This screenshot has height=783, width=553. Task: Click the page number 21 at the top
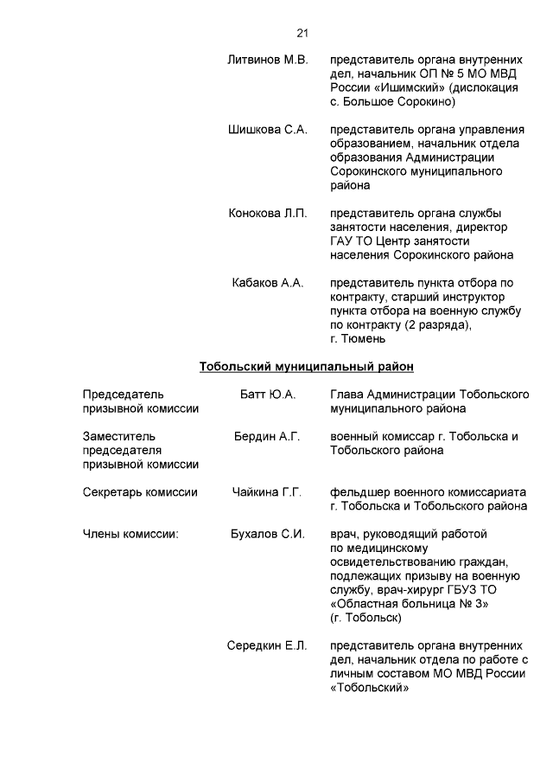tap(302, 33)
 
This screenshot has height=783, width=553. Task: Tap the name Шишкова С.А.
tap(267, 130)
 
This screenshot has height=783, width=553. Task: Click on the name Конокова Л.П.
tap(267, 214)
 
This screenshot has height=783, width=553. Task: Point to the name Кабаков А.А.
tap(267, 283)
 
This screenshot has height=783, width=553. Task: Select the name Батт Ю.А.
tap(267, 395)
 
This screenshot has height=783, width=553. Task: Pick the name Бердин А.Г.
tap(267, 436)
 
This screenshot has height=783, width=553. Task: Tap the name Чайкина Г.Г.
tap(267, 492)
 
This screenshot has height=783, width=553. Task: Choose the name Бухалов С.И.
tap(267, 534)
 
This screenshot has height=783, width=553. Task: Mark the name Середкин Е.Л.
tap(267, 645)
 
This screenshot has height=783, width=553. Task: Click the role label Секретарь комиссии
tap(140, 492)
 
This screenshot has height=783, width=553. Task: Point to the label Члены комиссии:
tap(130, 534)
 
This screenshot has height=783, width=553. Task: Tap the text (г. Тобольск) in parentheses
tap(365, 618)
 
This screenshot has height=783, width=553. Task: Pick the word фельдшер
tap(358, 492)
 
